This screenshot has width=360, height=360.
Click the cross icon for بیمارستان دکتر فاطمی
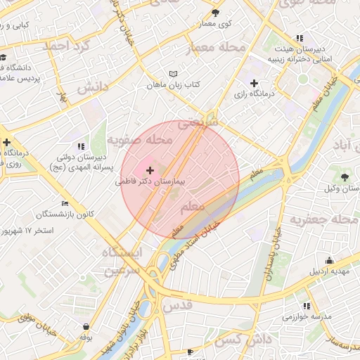click(150, 170)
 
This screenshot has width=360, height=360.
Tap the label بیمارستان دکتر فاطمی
click(150, 181)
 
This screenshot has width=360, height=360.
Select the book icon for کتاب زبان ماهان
click(174, 74)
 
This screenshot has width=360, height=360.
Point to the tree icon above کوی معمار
click(215, 13)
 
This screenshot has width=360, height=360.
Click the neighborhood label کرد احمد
click(67, 46)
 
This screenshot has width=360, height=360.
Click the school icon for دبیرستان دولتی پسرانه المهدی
click(79, 146)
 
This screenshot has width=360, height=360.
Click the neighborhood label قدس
click(176, 307)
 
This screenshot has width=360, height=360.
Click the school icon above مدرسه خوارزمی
click(306, 306)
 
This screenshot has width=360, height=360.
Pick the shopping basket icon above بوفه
click(86, 327)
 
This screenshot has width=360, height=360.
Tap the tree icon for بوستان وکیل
click(345, 177)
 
